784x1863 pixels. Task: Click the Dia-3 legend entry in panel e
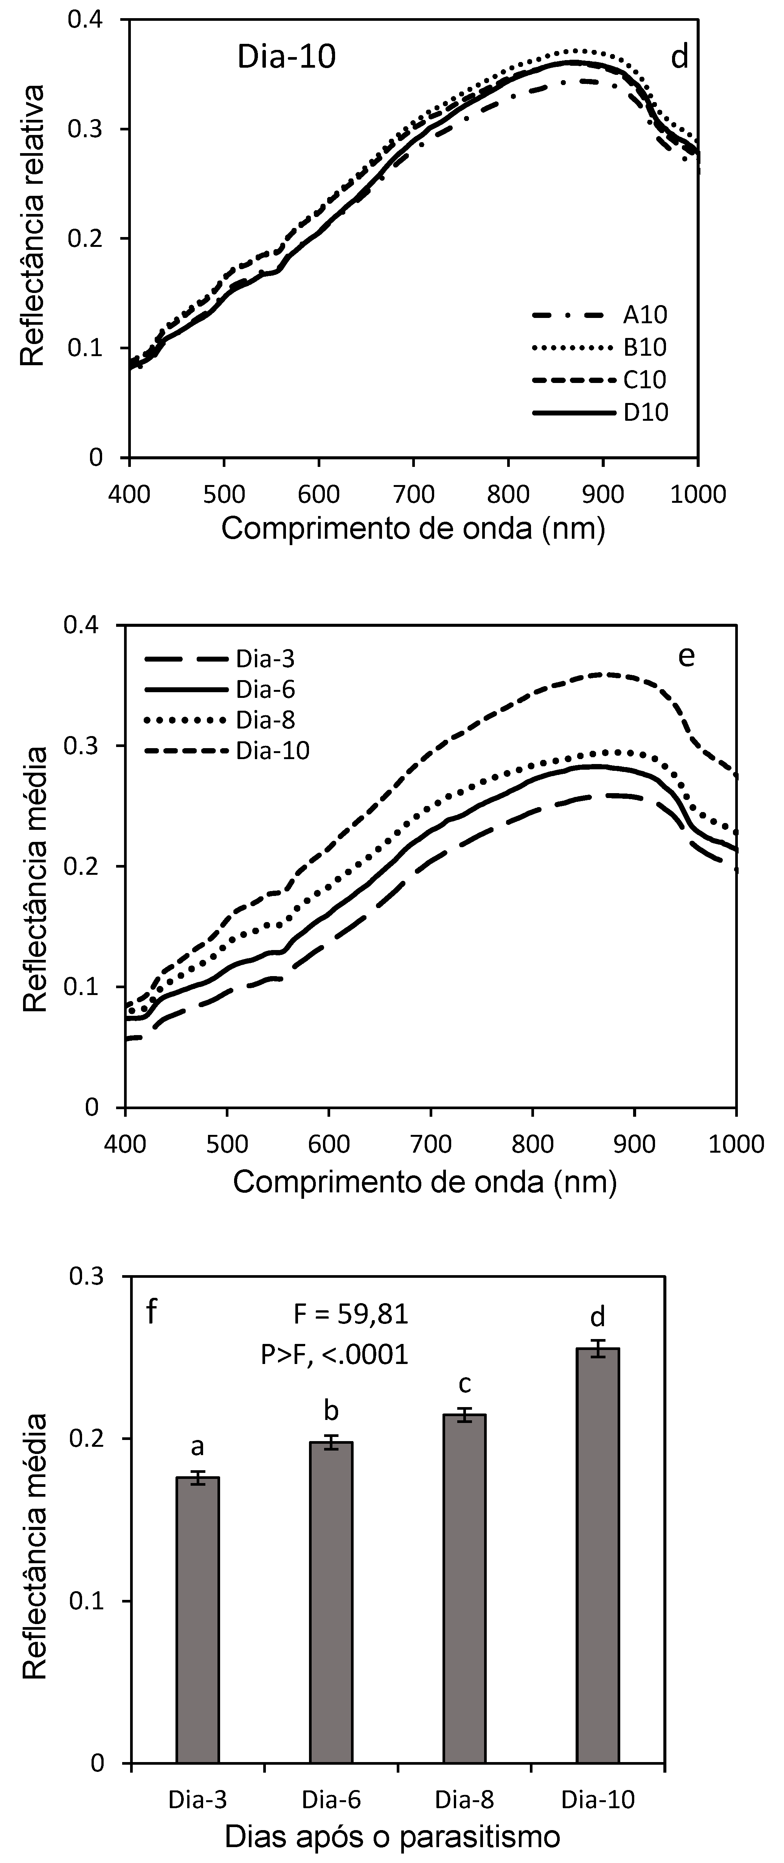[x=265, y=659]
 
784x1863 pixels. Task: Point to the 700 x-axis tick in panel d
[x=414, y=495]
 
